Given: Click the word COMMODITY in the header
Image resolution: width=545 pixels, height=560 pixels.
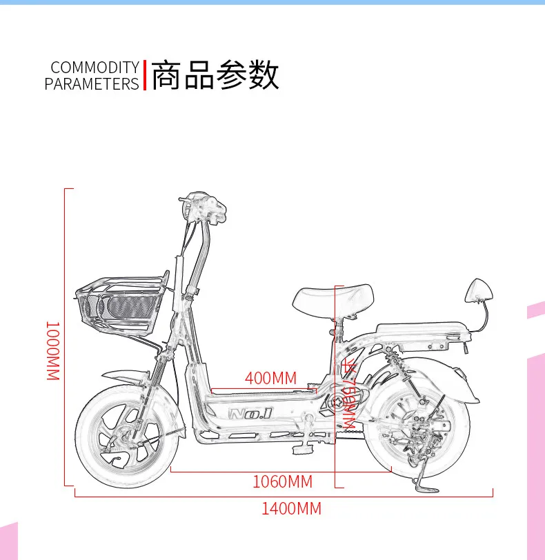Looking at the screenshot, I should pos(95,68).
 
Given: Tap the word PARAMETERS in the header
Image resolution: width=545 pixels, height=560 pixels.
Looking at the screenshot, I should pos(92,84).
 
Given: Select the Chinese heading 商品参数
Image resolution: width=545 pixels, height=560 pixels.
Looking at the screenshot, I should pos(215,75).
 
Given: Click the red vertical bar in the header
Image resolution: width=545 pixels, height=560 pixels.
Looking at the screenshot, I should pos(145,75).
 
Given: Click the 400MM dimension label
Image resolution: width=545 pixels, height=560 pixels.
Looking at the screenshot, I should pos(270,378).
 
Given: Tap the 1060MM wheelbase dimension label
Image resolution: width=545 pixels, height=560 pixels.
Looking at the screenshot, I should pos(282,481).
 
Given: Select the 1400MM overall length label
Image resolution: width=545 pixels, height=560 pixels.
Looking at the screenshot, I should pos(291,510).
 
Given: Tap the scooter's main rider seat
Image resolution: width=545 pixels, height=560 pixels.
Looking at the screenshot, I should pos(333,298).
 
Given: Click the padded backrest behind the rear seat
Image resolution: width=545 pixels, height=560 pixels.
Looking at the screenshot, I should pos(479,290).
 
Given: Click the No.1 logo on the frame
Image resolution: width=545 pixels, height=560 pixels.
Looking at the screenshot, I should pos(250,414).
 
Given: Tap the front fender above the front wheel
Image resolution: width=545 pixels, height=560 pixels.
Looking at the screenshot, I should pos(128,377).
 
